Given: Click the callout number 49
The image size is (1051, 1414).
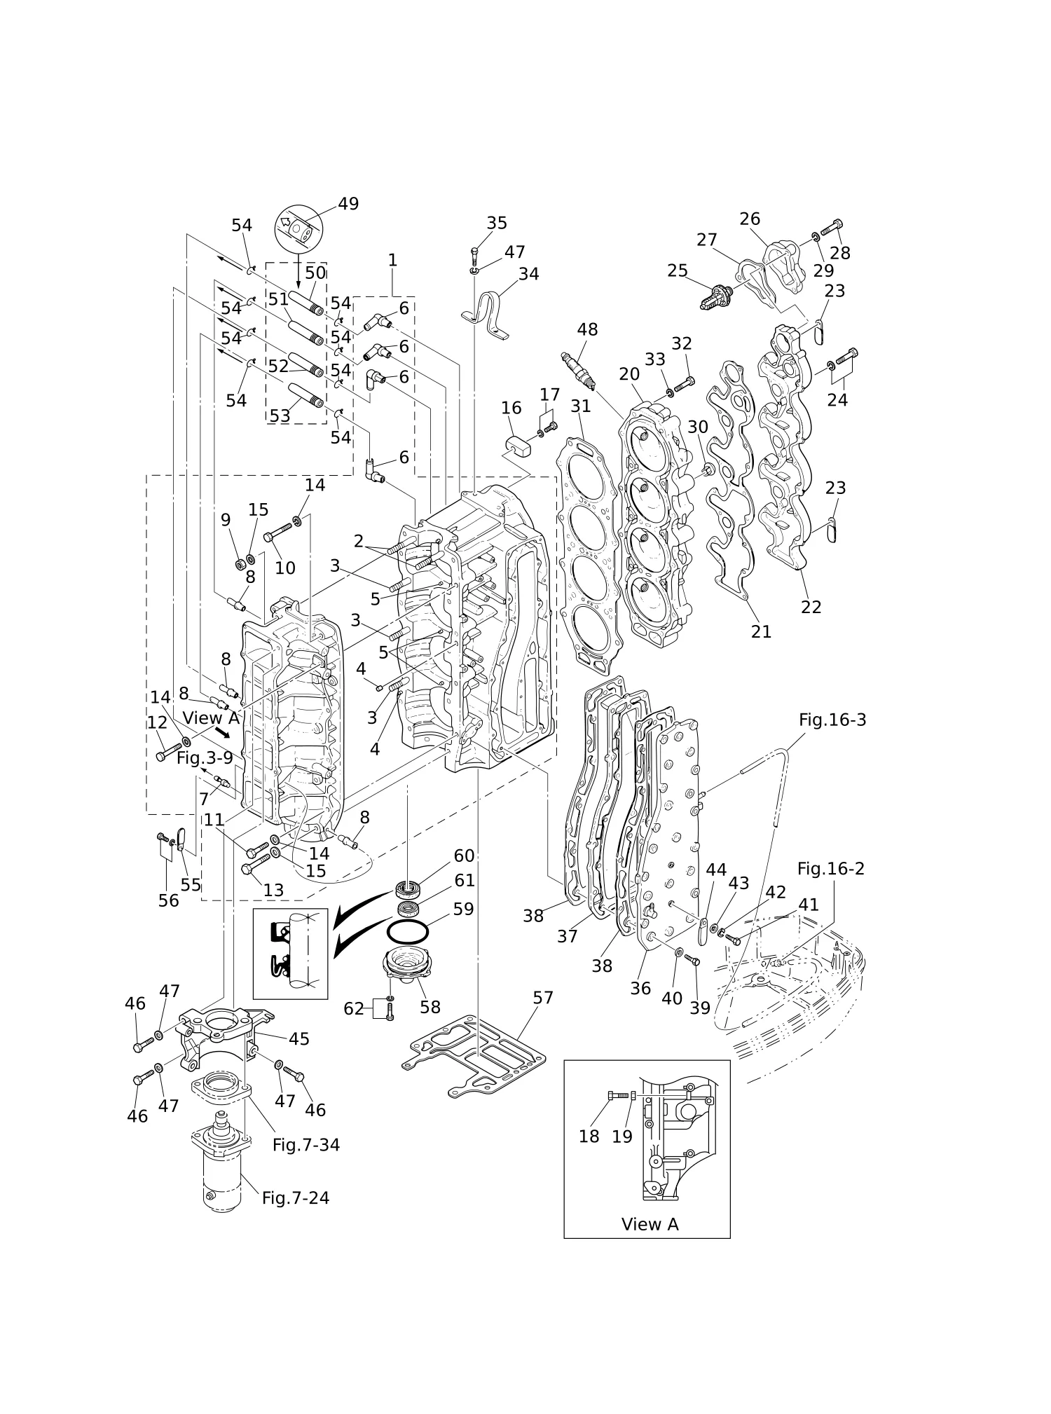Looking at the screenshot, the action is tap(348, 204).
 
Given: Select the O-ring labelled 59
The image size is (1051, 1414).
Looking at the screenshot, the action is tap(407, 933).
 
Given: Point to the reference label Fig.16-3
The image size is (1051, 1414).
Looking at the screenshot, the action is tap(832, 720).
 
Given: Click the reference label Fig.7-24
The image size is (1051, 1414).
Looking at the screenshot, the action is tap(295, 1198).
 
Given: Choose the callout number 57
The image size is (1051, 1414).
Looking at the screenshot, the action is tap(543, 998).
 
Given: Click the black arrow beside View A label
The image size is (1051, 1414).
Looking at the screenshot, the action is tap(222, 732).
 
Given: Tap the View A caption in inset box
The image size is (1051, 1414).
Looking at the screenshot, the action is tap(650, 1224).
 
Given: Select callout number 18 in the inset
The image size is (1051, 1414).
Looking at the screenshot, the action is tap(589, 1137).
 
